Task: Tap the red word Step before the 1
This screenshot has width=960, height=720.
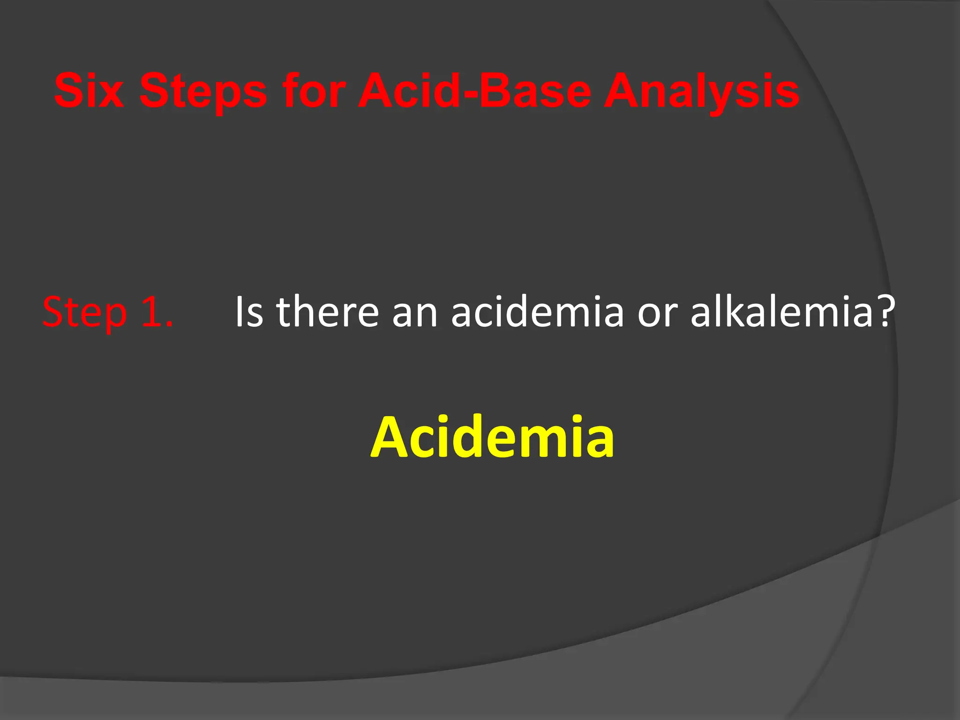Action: coord(84,313)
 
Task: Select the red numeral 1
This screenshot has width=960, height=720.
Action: coord(151,312)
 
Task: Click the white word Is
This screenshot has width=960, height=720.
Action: coord(249,312)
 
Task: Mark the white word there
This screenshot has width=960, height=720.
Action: coord(327,312)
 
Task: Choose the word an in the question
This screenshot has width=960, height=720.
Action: coord(415,315)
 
